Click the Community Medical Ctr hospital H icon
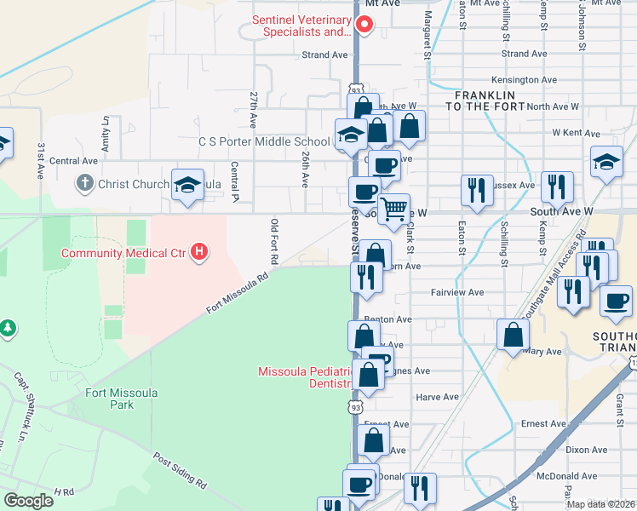(199, 252)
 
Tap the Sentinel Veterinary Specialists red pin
(366, 25)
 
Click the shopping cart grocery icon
(393, 209)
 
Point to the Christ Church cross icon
(84, 183)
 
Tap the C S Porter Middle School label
(264, 141)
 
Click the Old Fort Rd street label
(274, 240)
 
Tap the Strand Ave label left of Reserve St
(326, 55)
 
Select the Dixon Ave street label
(586, 450)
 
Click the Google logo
(28, 501)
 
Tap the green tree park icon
(8, 327)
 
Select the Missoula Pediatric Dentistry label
(305, 377)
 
